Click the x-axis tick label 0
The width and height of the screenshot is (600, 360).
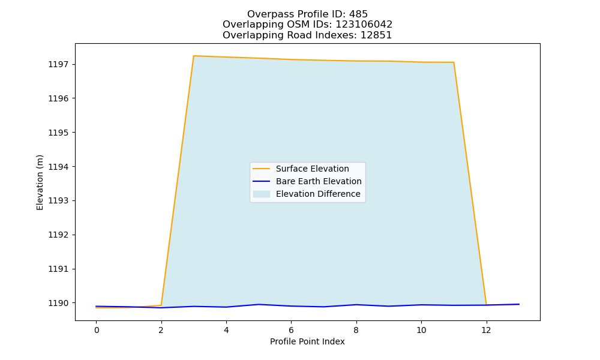point(97,330)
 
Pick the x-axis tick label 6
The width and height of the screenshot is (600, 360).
point(291,330)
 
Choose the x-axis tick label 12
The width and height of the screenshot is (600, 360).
point(486,330)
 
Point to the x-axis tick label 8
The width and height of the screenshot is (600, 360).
point(356,330)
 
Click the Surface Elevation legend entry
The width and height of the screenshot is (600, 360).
point(312,169)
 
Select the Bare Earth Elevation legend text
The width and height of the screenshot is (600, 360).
point(319,181)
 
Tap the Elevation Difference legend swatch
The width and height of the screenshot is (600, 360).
point(262,194)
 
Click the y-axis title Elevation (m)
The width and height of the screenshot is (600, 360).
point(40,182)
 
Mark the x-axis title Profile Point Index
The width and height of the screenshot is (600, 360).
point(307,341)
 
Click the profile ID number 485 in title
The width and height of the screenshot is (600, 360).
point(359,14)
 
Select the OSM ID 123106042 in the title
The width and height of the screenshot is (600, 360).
point(364,25)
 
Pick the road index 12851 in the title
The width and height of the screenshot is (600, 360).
point(376,35)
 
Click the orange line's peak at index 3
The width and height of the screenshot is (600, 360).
point(194,56)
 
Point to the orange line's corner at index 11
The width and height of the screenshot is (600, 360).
point(454,62)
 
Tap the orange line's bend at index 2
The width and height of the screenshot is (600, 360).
point(161,305)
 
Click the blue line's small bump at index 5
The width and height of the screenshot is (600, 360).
point(259,305)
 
